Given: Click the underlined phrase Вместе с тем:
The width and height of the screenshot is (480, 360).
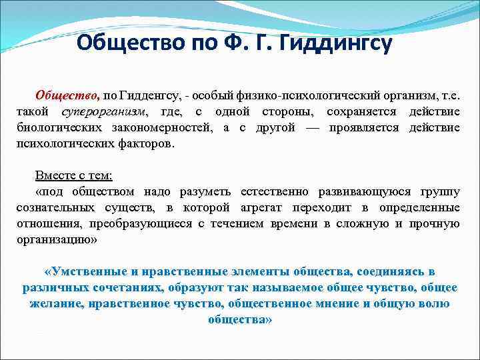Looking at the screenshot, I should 74,175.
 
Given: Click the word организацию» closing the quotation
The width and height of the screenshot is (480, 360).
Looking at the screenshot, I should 57,240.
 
